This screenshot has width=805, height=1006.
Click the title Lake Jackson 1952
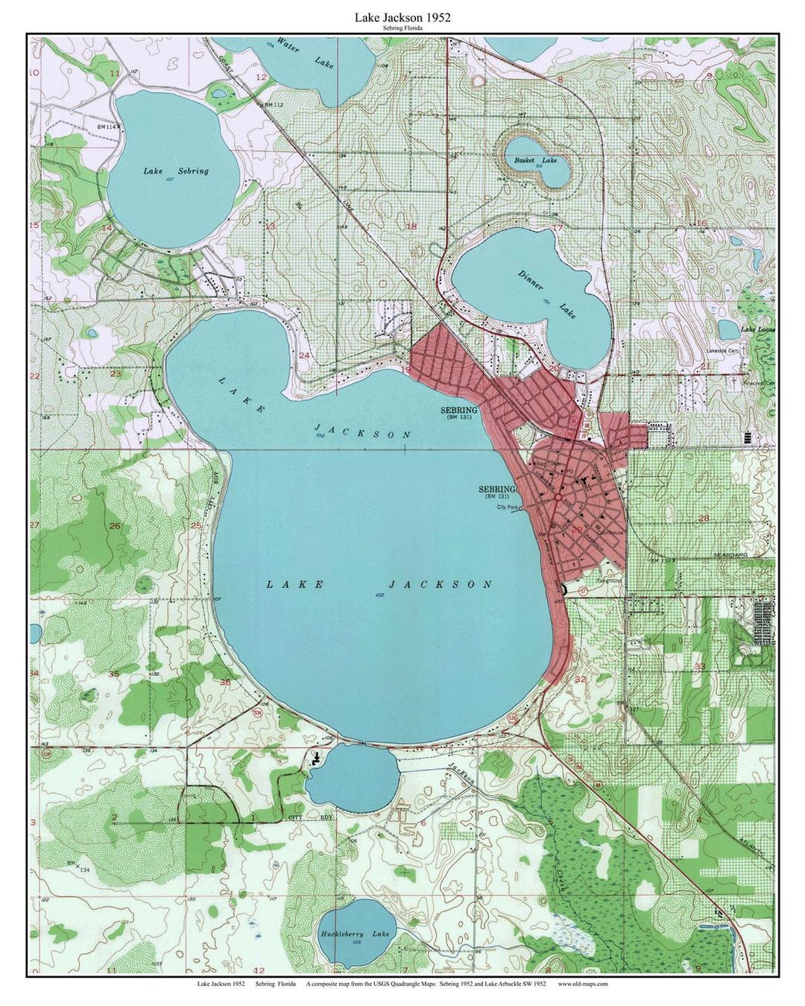[402, 16]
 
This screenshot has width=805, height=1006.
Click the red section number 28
[702, 517]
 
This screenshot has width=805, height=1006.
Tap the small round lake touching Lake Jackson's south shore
[350, 777]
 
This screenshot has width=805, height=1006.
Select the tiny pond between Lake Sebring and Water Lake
[220, 92]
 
